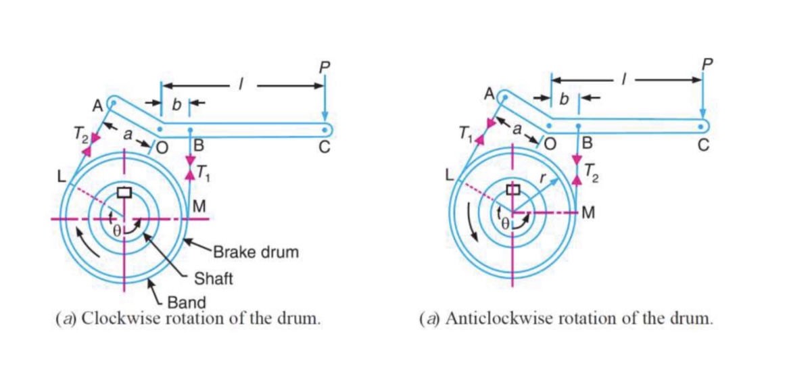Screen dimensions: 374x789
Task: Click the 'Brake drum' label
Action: (x=256, y=253)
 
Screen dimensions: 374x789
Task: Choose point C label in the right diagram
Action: (x=704, y=144)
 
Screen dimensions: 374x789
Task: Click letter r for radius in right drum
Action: (x=542, y=177)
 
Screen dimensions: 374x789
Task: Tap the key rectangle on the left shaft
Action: (x=124, y=192)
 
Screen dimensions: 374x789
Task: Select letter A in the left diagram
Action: (x=97, y=106)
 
